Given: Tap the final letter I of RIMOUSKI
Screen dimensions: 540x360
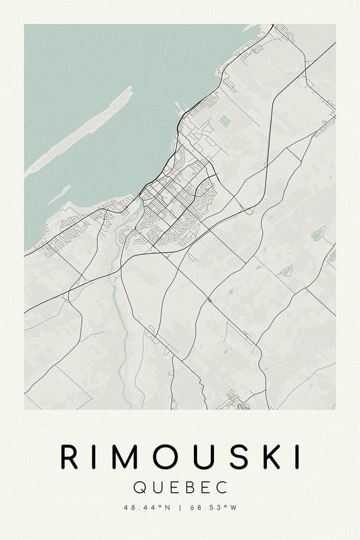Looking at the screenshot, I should [x=298, y=458].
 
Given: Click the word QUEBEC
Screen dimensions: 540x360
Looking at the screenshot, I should [x=180, y=487].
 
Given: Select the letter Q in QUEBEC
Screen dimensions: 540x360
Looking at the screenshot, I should [x=140, y=487].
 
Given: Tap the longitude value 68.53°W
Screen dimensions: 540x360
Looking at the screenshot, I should [x=214, y=508].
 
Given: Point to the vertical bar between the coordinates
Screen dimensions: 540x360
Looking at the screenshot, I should [x=180, y=508].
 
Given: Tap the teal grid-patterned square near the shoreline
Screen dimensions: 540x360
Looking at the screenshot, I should [x=223, y=122].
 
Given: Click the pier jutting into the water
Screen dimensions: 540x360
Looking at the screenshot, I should [x=178, y=106].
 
